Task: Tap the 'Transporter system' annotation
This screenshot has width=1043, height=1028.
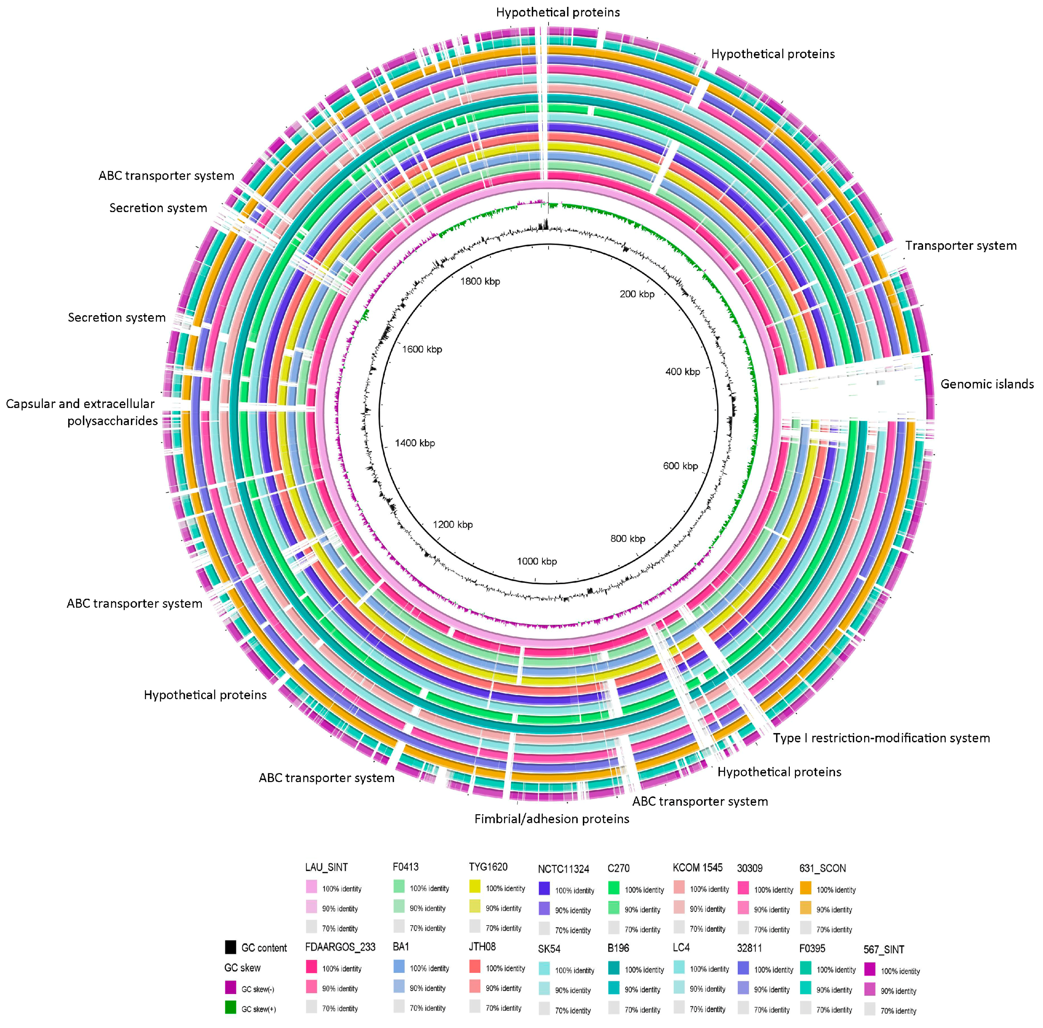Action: pyautogui.click(x=960, y=245)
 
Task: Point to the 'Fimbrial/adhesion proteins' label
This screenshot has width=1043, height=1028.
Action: pyautogui.click(x=551, y=819)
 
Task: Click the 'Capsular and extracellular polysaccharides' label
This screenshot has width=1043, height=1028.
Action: pyautogui.click(x=81, y=412)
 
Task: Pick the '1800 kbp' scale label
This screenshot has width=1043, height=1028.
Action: pyautogui.click(x=480, y=281)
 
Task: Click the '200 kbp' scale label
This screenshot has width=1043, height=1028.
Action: pyautogui.click(x=636, y=294)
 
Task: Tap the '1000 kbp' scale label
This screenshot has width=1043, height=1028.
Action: pyautogui.click(x=537, y=561)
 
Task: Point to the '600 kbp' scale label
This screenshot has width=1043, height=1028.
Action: pyautogui.click(x=680, y=466)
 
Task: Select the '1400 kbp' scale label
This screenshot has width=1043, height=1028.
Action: pyautogui.click(x=415, y=443)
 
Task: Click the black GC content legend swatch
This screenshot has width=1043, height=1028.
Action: pyautogui.click(x=231, y=947)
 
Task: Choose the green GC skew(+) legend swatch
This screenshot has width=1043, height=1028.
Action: pyautogui.click(x=231, y=1007)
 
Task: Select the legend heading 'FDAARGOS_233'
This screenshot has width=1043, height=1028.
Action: pyautogui.click(x=340, y=947)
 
